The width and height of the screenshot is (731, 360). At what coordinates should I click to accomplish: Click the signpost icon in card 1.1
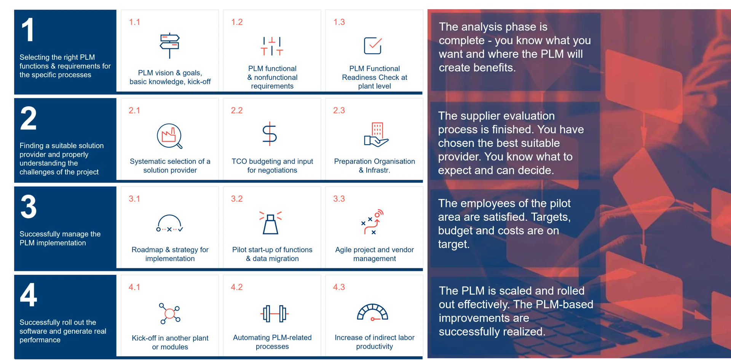pyautogui.click(x=169, y=45)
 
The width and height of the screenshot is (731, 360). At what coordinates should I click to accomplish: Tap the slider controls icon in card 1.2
pyautogui.click(x=272, y=46)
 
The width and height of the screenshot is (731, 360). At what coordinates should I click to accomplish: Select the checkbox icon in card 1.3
pyautogui.click(x=373, y=46)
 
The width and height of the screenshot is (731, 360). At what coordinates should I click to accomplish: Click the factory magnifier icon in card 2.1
pyautogui.click(x=170, y=136)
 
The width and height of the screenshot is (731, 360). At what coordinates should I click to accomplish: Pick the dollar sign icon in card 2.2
pyautogui.click(x=270, y=134)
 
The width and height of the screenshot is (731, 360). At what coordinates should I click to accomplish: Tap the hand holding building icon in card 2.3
pyautogui.click(x=376, y=135)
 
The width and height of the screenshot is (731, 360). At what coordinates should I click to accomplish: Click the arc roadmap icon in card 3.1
pyautogui.click(x=170, y=223)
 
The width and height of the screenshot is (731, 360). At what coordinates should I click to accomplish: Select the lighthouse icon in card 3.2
pyautogui.click(x=270, y=222)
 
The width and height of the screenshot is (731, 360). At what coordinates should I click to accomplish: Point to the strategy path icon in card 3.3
pyautogui.click(x=372, y=222)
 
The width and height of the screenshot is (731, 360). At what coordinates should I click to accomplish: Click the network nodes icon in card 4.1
pyautogui.click(x=170, y=314)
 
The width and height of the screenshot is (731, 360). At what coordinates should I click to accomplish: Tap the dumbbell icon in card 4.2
pyautogui.click(x=275, y=314)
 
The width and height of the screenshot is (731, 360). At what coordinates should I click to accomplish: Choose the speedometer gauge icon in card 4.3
pyautogui.click(x=372, y=312)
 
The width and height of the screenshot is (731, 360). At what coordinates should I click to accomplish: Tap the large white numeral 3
pyautogui.click(x=29, y=207)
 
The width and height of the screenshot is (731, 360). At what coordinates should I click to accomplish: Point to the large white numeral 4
pyautogui.click(x=29, y=295)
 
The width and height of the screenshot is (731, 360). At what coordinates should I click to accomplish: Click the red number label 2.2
pyautogui.click(x=237, y=110)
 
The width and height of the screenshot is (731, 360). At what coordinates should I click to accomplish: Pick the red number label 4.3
pyautogui.click(x=339, y=287)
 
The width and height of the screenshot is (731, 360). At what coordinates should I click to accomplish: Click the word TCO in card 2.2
pyautogui.click(x=239, y=161)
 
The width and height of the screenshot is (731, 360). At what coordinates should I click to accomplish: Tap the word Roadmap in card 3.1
pyautogui.click(x=147, y=250)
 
